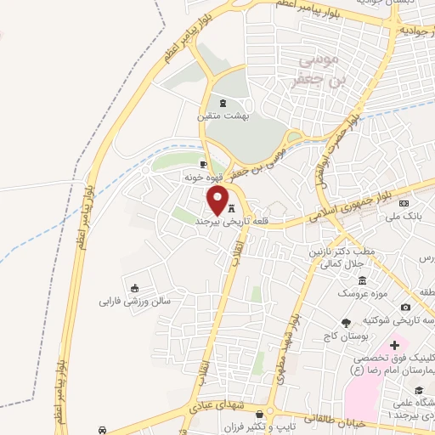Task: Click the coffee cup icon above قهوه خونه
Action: pos(202,163)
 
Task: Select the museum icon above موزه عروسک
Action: pos(362,280)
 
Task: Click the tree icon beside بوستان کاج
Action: pos(345,323)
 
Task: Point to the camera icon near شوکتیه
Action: pos(405,307)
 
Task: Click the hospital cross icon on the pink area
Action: pos(393,347)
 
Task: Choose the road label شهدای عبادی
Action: pos(218,409)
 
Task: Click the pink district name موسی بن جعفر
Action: pos(320,71)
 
